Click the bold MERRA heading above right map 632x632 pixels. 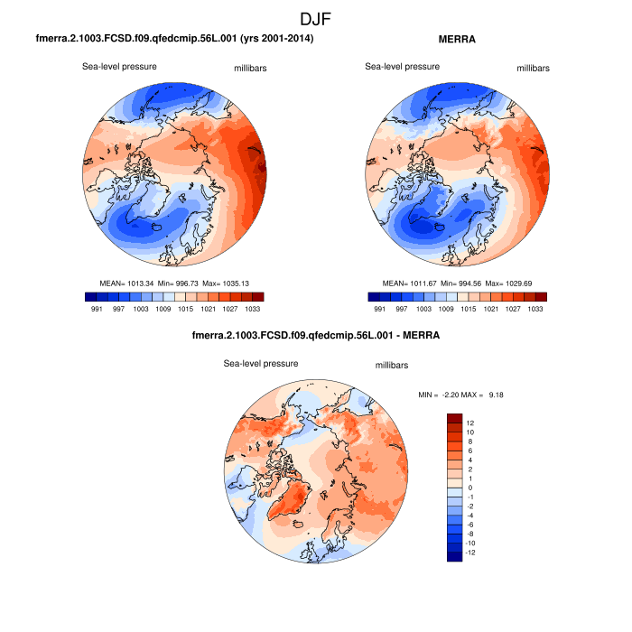(457, 39)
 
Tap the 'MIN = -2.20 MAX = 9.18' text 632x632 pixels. (460, 395)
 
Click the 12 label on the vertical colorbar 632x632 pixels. (470, 423)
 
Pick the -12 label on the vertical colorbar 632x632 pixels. (470, 553)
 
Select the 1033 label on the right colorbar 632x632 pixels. (534, 309)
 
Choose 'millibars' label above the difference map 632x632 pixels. (392, 365)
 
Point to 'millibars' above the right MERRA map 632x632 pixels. (533, 69)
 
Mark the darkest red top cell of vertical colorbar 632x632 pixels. (455, 418)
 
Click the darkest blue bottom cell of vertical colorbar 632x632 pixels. (455, 557)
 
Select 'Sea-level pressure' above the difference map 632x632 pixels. (261, 363)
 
